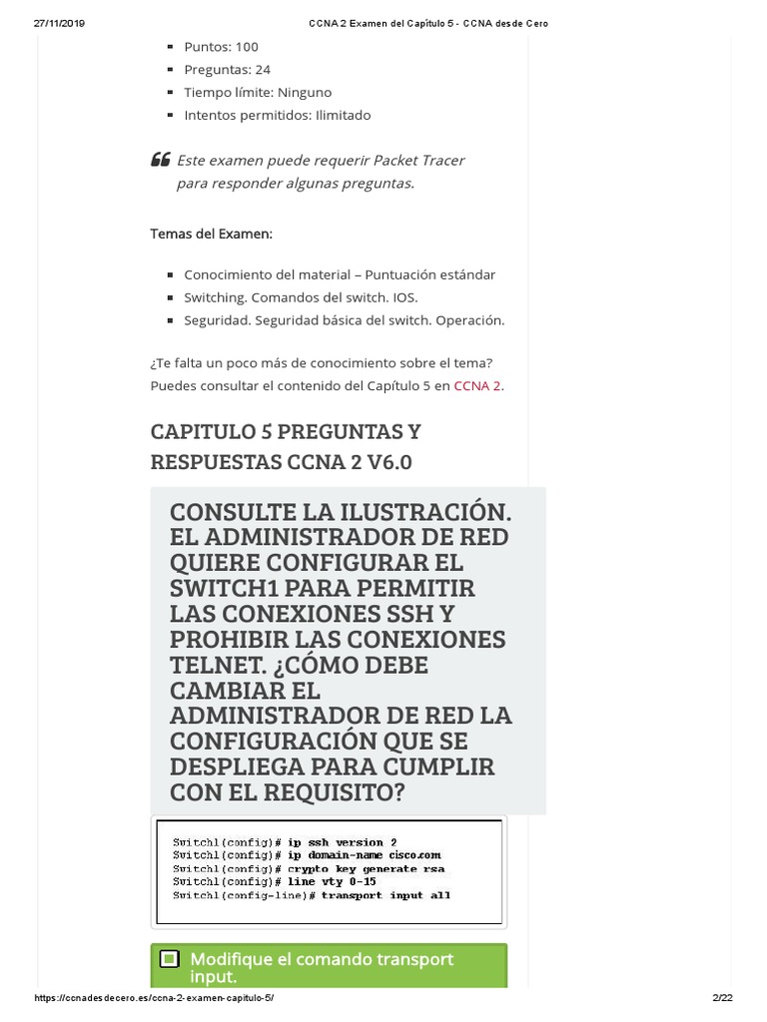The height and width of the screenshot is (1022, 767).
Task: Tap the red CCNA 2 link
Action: pyautogui.click(x=477, y=385)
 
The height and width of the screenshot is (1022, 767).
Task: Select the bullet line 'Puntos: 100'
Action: pyautogui.click(x=221, y=47)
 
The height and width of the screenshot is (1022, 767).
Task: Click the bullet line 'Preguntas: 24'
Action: pyautogui.click(x=227, y=70)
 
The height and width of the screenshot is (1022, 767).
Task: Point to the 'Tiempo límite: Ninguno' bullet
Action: pyautogui.click(x=258, y=92)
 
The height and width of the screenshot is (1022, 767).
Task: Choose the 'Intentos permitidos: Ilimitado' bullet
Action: pyautogui.click(x=277, y=115)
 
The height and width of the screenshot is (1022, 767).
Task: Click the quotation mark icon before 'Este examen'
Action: pyautogui.click(x=160, y=160)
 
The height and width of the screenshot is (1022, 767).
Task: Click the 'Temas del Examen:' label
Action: pyautogui.click(x=211, y=234)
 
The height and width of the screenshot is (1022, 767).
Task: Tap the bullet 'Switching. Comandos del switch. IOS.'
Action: pyautogui.click(x=301, y=297)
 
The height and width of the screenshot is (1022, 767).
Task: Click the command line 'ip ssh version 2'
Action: pyautogui.click(x=343, y=842)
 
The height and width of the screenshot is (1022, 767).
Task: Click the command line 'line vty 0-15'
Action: pyautogui.click(x=333, y=881)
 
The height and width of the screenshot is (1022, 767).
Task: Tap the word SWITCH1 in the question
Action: pyautogui.click(x=234, y=587)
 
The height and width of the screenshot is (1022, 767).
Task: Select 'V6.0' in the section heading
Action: pyautogui.click(x=377, y=462)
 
